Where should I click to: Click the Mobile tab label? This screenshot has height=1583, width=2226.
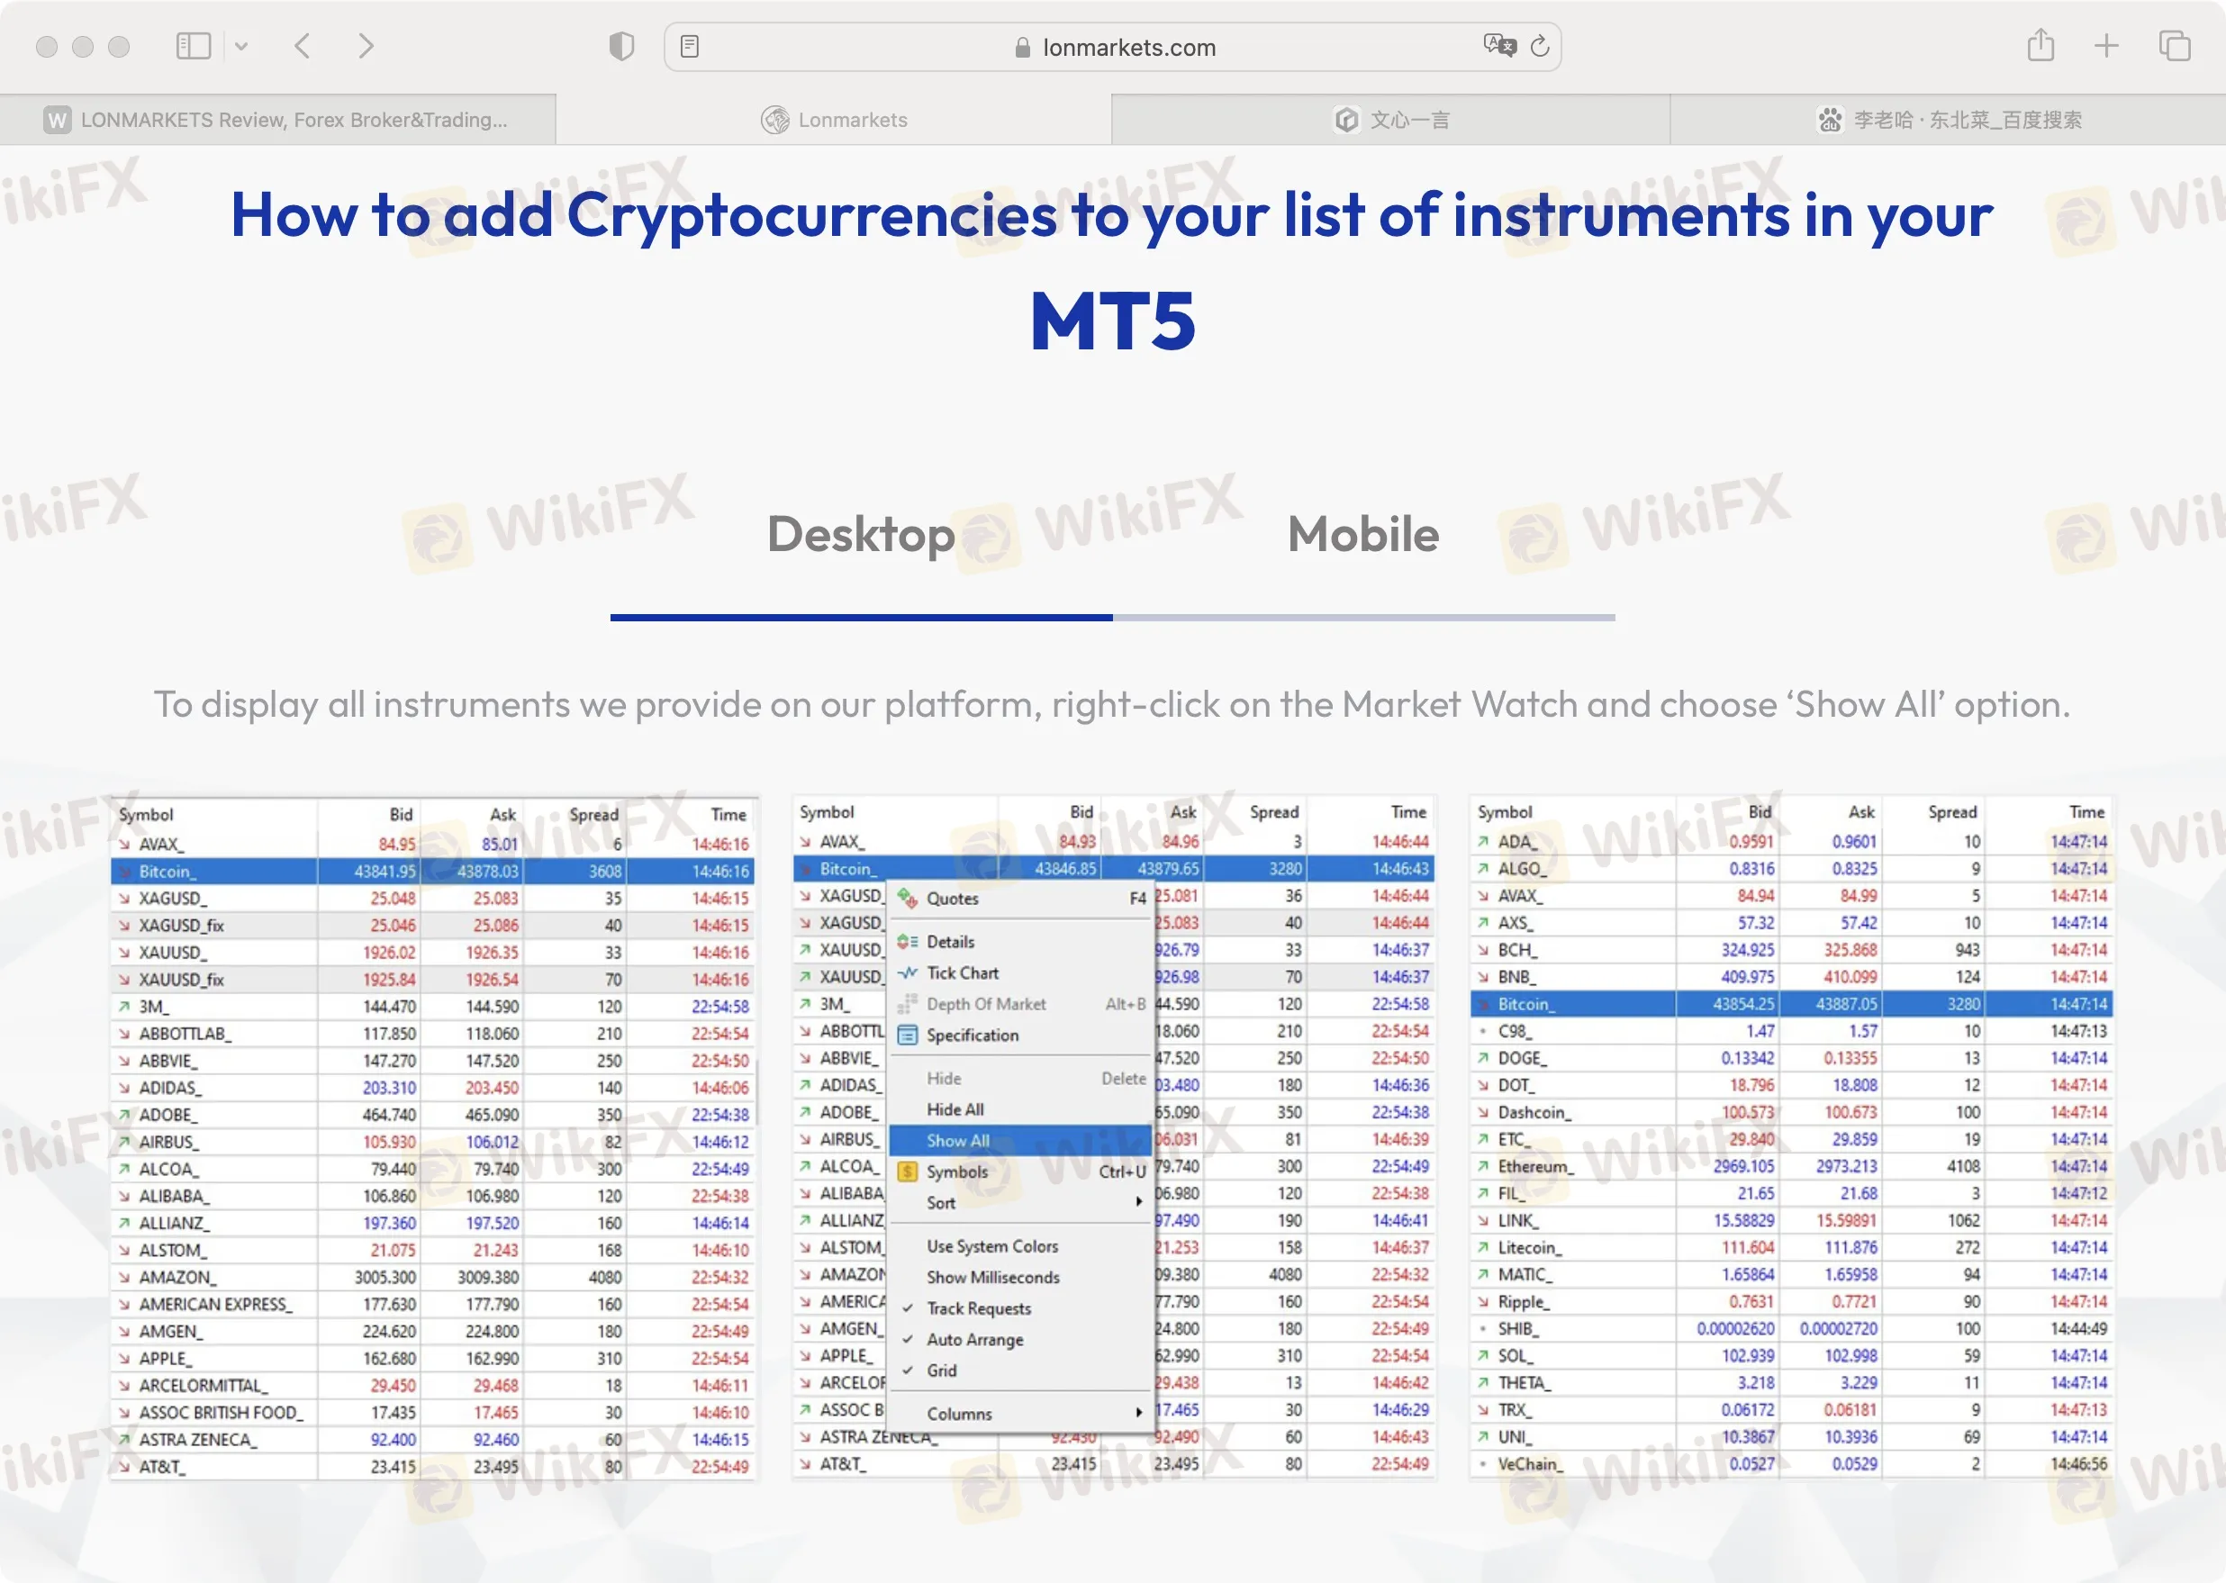(1362, 534)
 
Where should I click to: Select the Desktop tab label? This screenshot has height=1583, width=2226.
(861, 534)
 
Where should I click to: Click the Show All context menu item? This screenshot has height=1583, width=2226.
(958, 1141)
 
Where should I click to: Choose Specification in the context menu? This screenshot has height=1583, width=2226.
(972, 1036)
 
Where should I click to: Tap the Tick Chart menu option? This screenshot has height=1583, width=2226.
(962, 972)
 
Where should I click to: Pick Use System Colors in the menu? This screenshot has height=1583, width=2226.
(992, 1245)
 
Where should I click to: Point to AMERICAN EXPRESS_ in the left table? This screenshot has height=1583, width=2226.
(215, 1304)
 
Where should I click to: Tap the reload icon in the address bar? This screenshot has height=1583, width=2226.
(1540, 46)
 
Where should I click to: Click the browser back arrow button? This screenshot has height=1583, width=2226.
(303, 46)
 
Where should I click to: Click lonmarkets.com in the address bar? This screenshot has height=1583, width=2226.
(1128, 48)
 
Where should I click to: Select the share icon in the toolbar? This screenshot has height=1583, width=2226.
(2040, 46)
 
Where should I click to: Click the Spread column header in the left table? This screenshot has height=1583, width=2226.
(593, 815)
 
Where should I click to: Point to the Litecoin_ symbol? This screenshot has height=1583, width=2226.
(1529, 1248)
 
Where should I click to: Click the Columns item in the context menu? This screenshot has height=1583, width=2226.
(959, 1414)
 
